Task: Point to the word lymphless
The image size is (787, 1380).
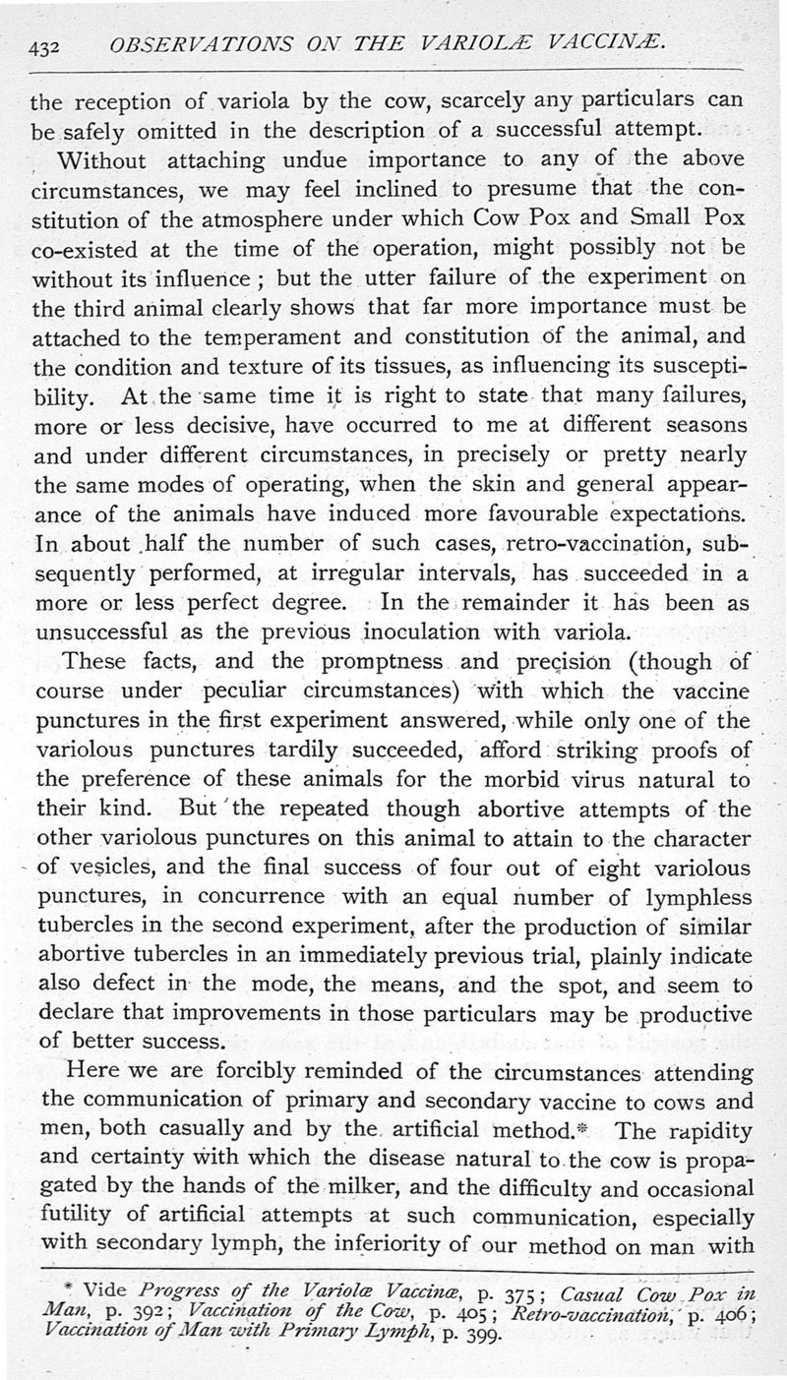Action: click(x=685, y=899)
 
